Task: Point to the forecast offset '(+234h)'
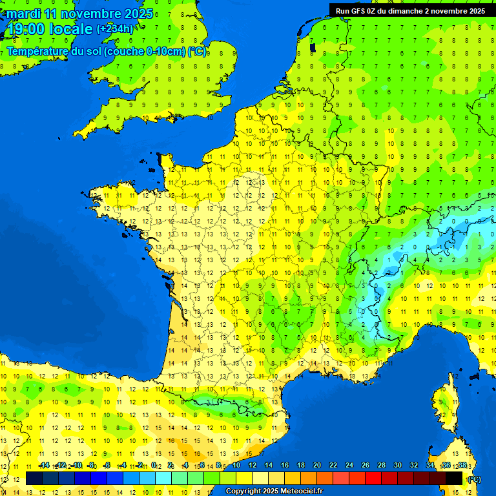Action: (115, 28)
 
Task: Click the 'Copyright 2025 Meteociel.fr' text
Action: (274, 491)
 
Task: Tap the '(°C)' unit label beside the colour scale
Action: (474, 479)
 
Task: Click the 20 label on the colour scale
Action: (317, 465)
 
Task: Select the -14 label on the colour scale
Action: (44, 465)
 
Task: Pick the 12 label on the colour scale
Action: (253, 465)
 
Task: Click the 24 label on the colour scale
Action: (349, 465)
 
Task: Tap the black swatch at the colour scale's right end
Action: (454, 479)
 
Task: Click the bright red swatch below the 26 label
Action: (373, 479)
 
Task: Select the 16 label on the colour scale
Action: (285, 465)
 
